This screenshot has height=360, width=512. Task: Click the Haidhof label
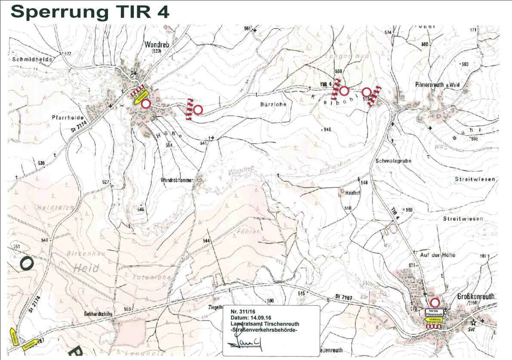coord(352,193)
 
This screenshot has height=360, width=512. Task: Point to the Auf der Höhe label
coord(436,255)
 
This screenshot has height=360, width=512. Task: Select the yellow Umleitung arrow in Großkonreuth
coord(434,320)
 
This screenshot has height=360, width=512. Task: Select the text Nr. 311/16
coord(243,311)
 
